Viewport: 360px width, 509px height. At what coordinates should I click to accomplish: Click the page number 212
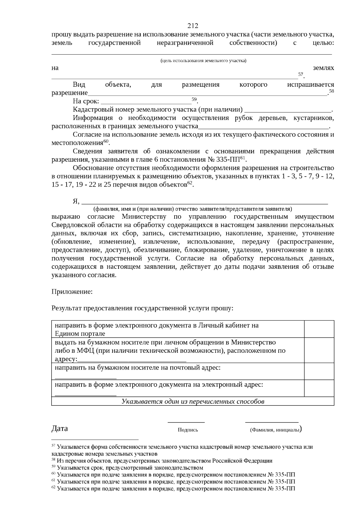pos(193,26)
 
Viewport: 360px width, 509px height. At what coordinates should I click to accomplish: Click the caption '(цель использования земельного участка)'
pos(203,61)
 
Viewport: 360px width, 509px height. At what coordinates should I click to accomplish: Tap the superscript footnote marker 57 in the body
pos(301,74)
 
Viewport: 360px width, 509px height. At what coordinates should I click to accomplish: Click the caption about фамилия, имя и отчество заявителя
pos(193,209)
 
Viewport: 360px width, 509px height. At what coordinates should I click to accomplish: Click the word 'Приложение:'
pos(72,292)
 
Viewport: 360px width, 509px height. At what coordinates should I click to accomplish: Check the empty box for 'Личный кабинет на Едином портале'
pos(319,329)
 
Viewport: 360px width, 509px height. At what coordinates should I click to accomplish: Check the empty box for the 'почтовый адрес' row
pos(319,371)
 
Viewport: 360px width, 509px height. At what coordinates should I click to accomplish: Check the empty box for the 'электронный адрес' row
pos(319,388)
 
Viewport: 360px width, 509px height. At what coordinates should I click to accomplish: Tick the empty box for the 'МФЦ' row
pos(319,350)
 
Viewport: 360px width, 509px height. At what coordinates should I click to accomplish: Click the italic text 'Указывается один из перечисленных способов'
pos(193,401)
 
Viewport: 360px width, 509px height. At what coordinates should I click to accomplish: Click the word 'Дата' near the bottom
pos(60,428)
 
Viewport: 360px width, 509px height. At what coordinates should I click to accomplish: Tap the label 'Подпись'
pos(188,430)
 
